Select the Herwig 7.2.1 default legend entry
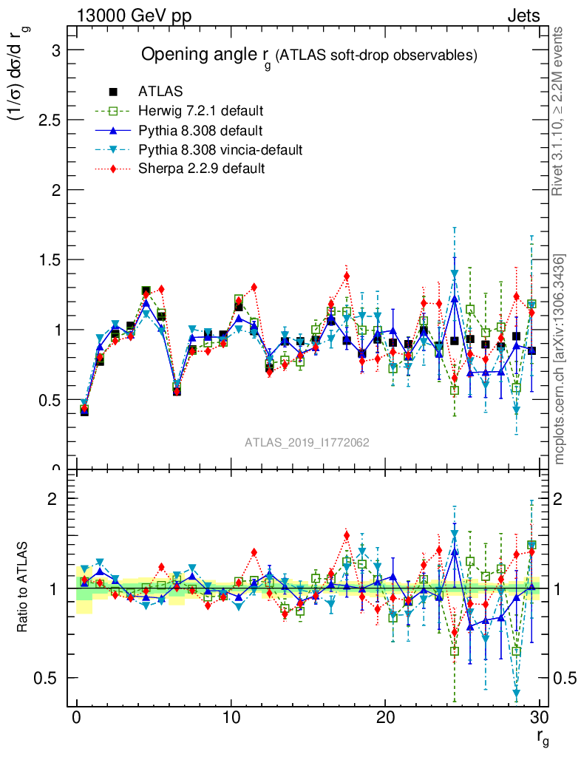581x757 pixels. pos(200,112)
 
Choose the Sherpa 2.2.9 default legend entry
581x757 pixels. pos(202,169)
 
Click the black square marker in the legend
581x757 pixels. pos(113,92)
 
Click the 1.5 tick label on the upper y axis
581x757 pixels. pos(49,259)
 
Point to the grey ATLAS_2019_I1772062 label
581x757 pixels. pos(308,442)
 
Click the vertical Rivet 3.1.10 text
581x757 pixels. pos(560,111)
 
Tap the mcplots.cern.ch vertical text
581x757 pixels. pos(560,359)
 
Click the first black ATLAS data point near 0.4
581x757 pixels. pos(84,411)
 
